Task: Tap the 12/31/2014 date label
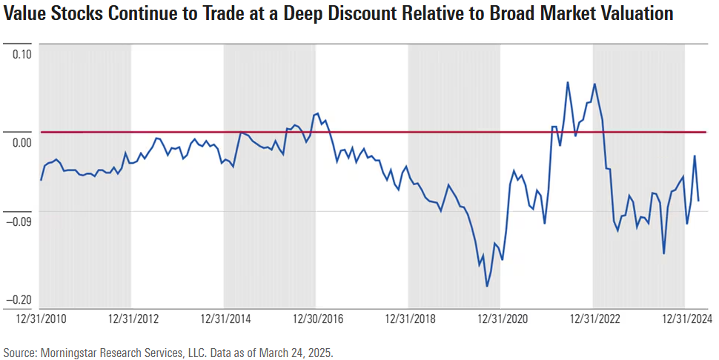point(225,319)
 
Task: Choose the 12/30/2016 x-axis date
point(318,319)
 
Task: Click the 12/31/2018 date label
point(410,319)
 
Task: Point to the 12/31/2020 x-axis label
point(502,319)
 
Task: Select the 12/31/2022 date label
point(594,319)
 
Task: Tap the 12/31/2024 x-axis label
point(686,319)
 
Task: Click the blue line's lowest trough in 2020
point(487,286)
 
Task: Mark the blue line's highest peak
point(568,82)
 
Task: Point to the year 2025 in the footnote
point(320,352)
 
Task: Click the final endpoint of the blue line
point(698,201)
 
